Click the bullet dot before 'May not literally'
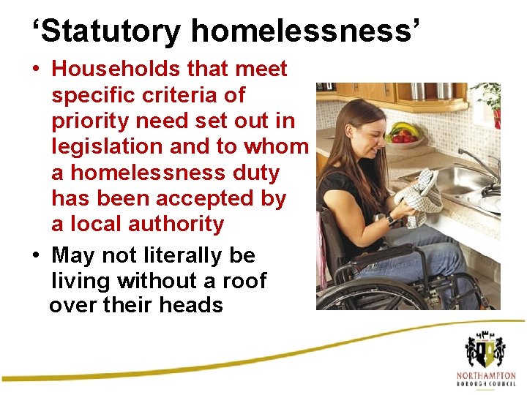pos(35,256)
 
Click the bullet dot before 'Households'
pos(35,69)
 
